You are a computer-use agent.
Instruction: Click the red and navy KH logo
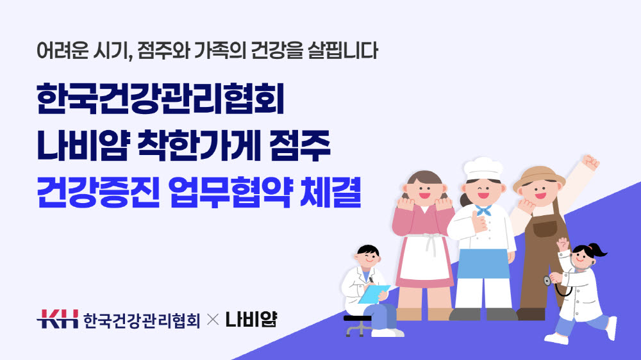point(57,319)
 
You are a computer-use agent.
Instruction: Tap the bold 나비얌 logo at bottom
point(251,319)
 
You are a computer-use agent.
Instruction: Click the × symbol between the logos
point(213,320)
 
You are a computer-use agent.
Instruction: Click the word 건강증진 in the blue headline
point(97,192)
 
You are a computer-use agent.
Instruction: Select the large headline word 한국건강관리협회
point(160,99)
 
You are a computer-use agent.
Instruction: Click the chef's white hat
point(483,168)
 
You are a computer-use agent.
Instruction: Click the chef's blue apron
point(483,263)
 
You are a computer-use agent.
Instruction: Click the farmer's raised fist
point(590,162)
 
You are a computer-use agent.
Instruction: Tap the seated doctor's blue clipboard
point(373,294)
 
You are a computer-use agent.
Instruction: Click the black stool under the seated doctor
point(357,325)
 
